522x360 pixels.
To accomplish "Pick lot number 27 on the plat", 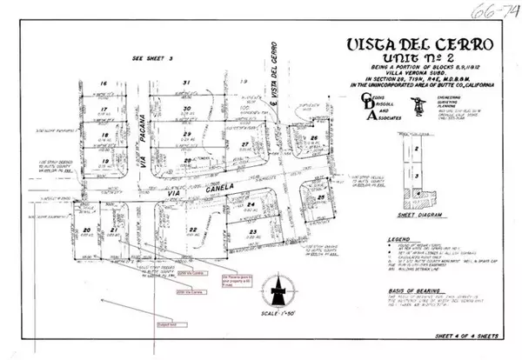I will pos(246,143).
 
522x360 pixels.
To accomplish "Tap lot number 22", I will pos(193,229).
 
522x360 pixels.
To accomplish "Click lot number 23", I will pos(251,231).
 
